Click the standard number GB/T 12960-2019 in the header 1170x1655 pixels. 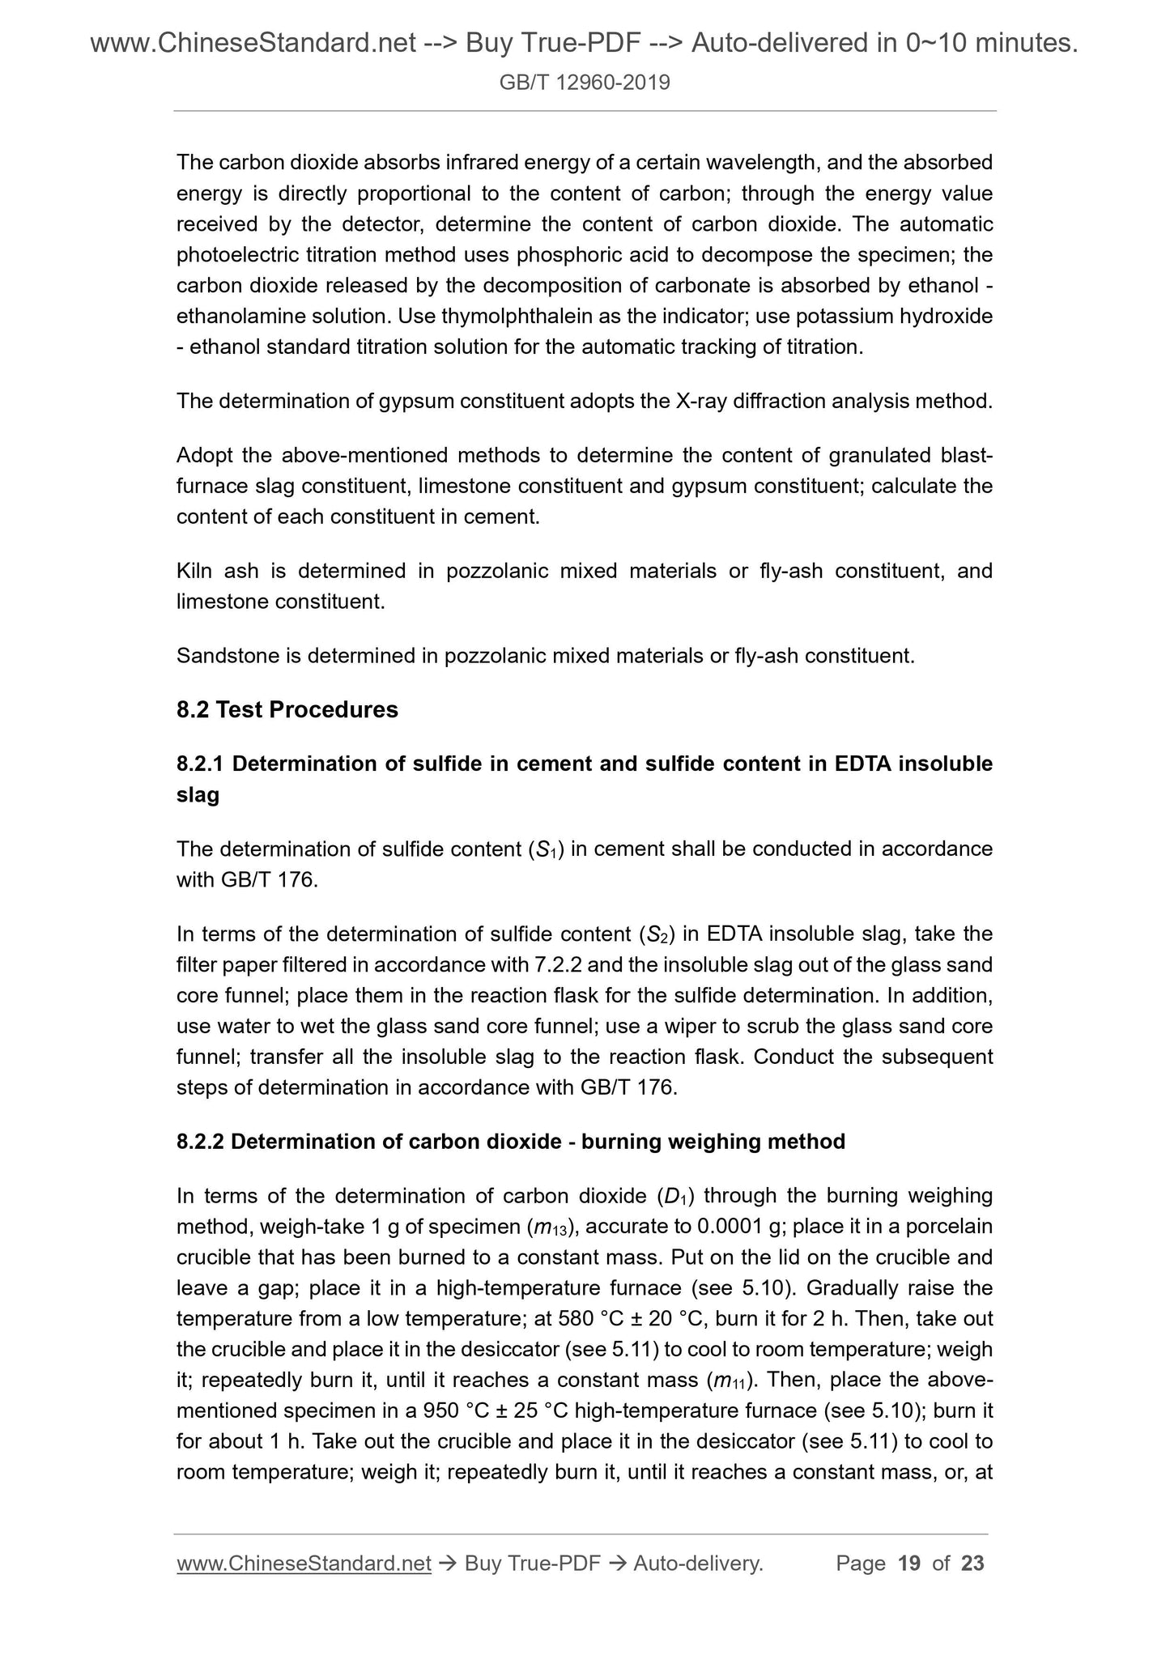[x=585, y=82]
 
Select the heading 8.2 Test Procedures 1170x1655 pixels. [x=287, y=709]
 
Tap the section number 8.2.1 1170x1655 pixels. [x=200, y=764]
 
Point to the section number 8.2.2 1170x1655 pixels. [x=200, y=1141]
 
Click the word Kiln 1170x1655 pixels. [x=194, y=571]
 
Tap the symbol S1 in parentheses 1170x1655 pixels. [x=542, y=849]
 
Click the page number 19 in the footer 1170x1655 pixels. [x=909, y=1564]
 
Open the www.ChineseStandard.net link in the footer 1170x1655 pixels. [x=304, y=1564]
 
